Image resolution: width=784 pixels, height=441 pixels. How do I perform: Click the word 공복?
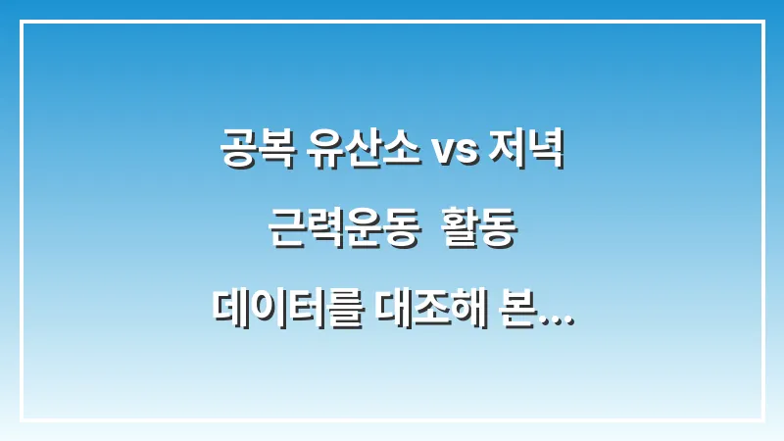click(x=251, y=154)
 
